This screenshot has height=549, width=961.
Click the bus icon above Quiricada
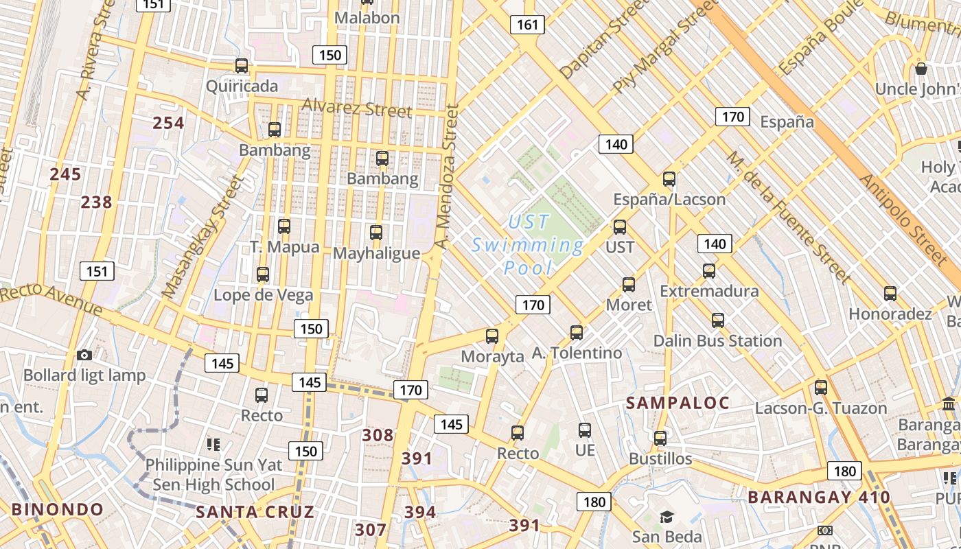click(x=242, y=66)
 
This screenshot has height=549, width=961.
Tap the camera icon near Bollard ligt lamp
click(x=84, y=355)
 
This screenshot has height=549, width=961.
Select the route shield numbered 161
click(x=527, y=25)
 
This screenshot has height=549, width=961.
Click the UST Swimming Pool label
click(x=528, y=244)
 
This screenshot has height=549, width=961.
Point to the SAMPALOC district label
click(x=678, y=403)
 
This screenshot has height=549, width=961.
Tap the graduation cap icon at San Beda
click(x=667, y=517)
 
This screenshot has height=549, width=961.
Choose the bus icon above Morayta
click(x=492, y=336)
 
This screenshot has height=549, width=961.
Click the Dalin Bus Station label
click(x=717, y=341)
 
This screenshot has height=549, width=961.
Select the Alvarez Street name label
click(x=356, y=108)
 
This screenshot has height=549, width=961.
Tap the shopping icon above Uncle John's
click(x=921, y=69)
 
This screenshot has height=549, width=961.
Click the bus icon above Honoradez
click(x=890, y=294)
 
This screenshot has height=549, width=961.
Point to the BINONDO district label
click(x=58, y=510)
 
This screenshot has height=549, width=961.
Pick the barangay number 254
click(x=168, y=123)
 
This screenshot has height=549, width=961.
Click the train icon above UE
click(x=585, y=430)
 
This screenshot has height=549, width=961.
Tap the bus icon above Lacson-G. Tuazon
click(x=821, y=387)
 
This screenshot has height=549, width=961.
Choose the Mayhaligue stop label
click(x=376, y=253)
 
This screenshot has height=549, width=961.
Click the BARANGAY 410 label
click(x=818, y=497)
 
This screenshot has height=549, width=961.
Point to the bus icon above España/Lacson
click(x=669, y=179)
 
